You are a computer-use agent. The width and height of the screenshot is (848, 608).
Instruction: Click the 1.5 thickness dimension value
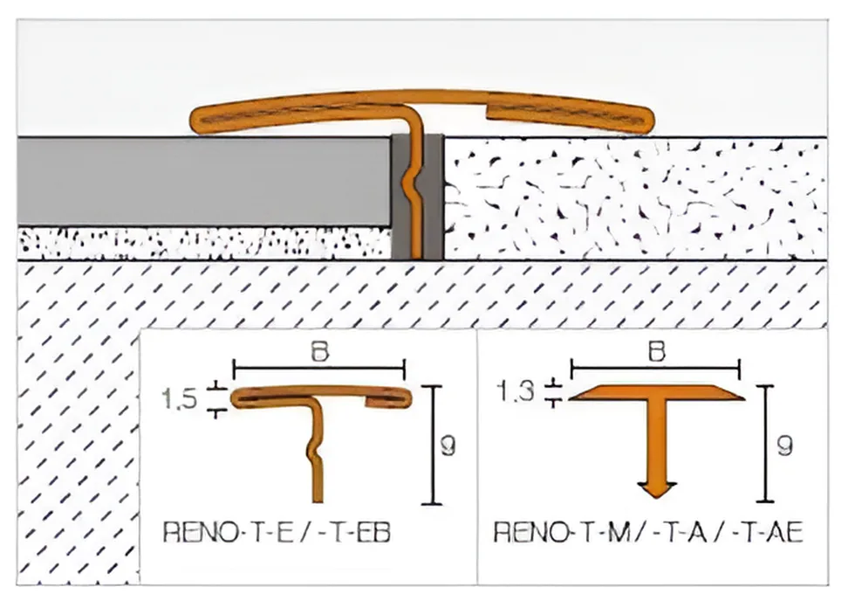(x=179, y=399)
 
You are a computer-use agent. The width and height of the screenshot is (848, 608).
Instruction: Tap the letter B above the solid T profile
(x=656, y=352)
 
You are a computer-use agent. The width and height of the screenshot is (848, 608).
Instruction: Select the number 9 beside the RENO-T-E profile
(x=448, y=446)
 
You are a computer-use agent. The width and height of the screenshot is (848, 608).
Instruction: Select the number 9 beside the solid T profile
(x=784, y=446)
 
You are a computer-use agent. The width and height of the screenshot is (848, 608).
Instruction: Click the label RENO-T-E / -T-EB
(x=277, y=532)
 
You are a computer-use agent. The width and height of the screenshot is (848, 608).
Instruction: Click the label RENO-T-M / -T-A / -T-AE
(x=648, y=532)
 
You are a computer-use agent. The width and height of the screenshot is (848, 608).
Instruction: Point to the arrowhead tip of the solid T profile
(x=656, y=497)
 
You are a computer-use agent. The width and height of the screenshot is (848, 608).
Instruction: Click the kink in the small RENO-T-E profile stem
(x=312, y=448)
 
